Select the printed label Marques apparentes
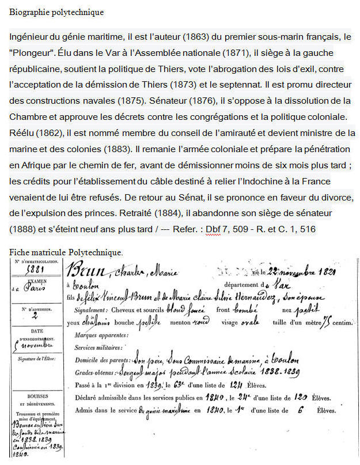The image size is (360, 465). click(101, 335)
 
